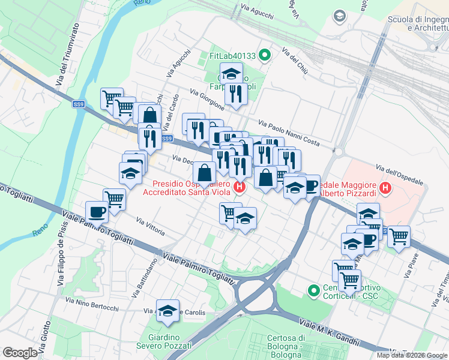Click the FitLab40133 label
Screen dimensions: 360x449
[x=232, y=56]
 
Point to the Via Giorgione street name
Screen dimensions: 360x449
[x=207, y=100]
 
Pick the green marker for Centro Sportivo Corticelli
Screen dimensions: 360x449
[x=313, y=291]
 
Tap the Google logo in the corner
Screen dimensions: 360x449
[x=20, y=353]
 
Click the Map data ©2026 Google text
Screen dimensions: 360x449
[x=412, y=355]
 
